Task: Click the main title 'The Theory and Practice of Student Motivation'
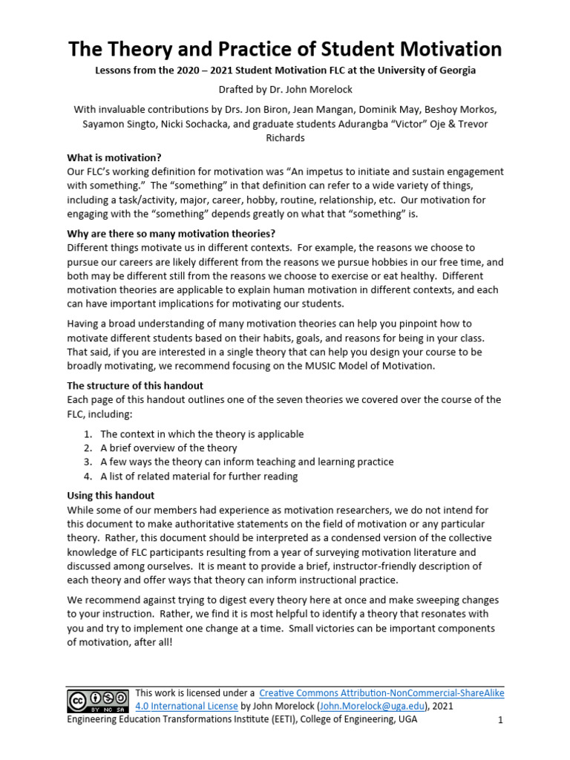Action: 285,50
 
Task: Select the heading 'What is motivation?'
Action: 114,157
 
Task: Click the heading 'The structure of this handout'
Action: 135,386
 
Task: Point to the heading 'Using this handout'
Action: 111,495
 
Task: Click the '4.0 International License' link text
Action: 186,706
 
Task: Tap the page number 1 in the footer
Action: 500,720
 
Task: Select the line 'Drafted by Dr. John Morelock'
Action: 285,90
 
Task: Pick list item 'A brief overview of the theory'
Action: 168,448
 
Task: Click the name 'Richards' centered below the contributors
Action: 285,138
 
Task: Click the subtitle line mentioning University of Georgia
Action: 285,71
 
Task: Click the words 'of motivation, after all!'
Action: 119,642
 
